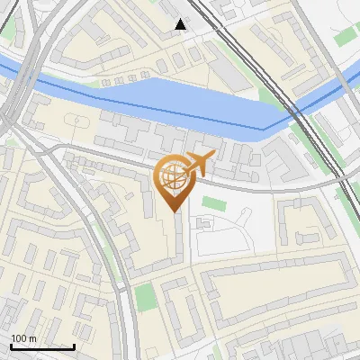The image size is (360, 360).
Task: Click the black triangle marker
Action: coord(181,24)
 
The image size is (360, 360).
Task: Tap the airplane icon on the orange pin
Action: coord(198,164)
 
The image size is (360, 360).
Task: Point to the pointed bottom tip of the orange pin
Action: coord(174,211)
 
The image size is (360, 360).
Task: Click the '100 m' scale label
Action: coord(23,338)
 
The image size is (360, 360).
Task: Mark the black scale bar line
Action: coord(42,346)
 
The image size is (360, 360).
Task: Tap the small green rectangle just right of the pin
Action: coord(211,202)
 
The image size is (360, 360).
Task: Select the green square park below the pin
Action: coord(145,296)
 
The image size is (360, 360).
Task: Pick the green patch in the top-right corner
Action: coord(346,36)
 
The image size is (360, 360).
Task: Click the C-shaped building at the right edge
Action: coord(301,221)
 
